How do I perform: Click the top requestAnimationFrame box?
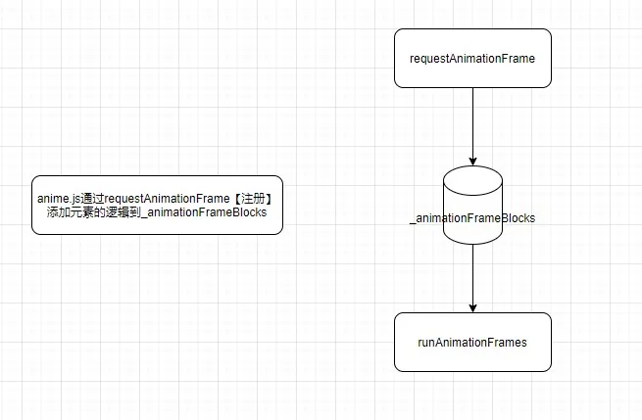point(472,58)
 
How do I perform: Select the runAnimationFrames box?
point(472,343)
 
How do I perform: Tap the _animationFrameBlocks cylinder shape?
point(472,206)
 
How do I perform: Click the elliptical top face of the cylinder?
point(472,181)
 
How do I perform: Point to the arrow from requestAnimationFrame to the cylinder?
point(472,126)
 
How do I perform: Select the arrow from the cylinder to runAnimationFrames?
point(472,278)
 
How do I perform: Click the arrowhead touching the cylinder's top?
point(472,162)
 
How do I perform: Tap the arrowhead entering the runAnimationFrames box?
point(472,308)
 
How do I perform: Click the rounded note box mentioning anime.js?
point(157,206)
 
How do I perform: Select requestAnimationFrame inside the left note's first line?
point(167,199)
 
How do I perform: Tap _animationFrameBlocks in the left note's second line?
point(204,212)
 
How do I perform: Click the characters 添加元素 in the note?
point(71,212)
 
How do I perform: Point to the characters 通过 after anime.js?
point(92,199)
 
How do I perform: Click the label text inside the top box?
point(472,59)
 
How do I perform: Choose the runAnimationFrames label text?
point(472,343)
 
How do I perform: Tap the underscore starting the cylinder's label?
point(413,223)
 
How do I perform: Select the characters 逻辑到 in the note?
point(123,212)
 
